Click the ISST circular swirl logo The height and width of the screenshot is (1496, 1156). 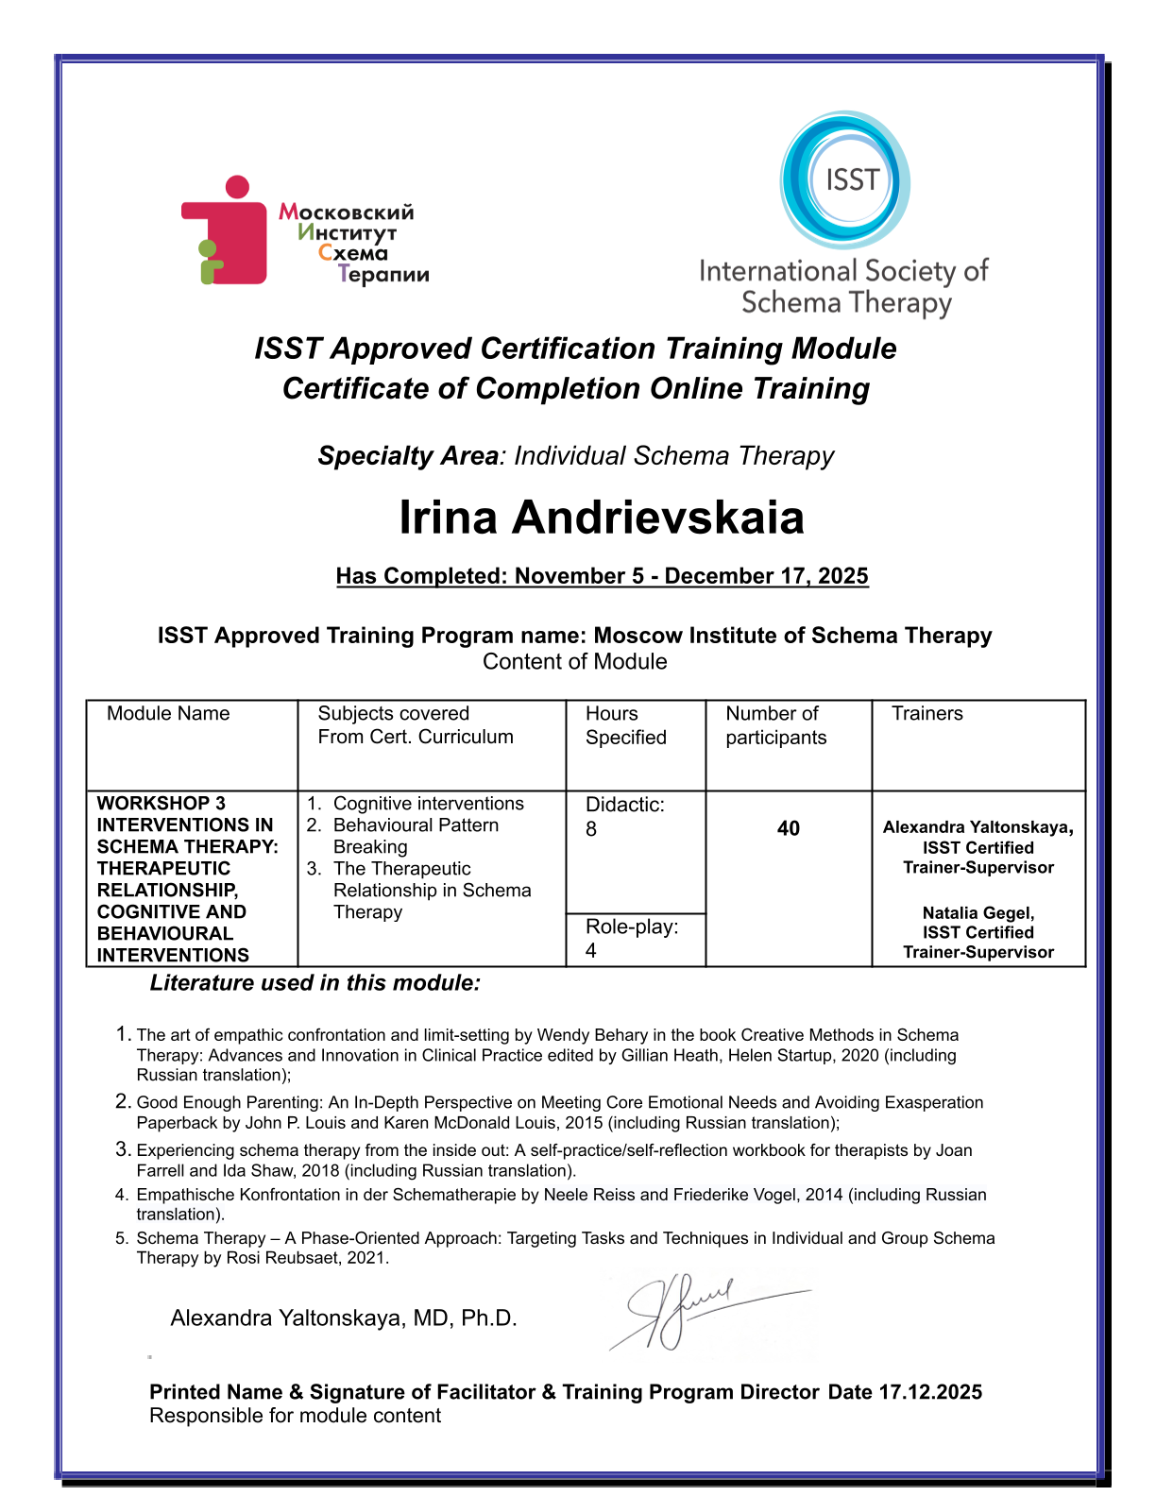tap(844, 179)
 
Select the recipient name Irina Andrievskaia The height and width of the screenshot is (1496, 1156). tap(602, 518)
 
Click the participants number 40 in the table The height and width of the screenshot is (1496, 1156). tap(789, 828)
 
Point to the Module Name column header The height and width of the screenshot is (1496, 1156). tap(168, 714)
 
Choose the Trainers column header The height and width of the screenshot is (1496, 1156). tap(927, 714)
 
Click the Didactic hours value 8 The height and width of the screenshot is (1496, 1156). tap(591, 829)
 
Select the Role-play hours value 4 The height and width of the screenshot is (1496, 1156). tap(591, 951)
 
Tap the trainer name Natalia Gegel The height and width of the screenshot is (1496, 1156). tap(978, 913)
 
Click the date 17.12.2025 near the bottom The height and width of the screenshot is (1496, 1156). tap(930, 1392)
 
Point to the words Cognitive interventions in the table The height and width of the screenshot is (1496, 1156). tap(429, 804)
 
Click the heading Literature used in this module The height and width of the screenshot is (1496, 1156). tap(315, 983)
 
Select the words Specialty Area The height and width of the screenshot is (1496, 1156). tap(408, 456)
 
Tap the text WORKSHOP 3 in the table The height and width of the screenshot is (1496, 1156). tap(161, 804)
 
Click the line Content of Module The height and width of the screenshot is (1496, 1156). tap(575, 662)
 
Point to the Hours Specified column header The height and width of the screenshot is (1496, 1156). tap(625, 725)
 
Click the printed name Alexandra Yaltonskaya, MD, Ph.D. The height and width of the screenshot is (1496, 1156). tap(344, 1318)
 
